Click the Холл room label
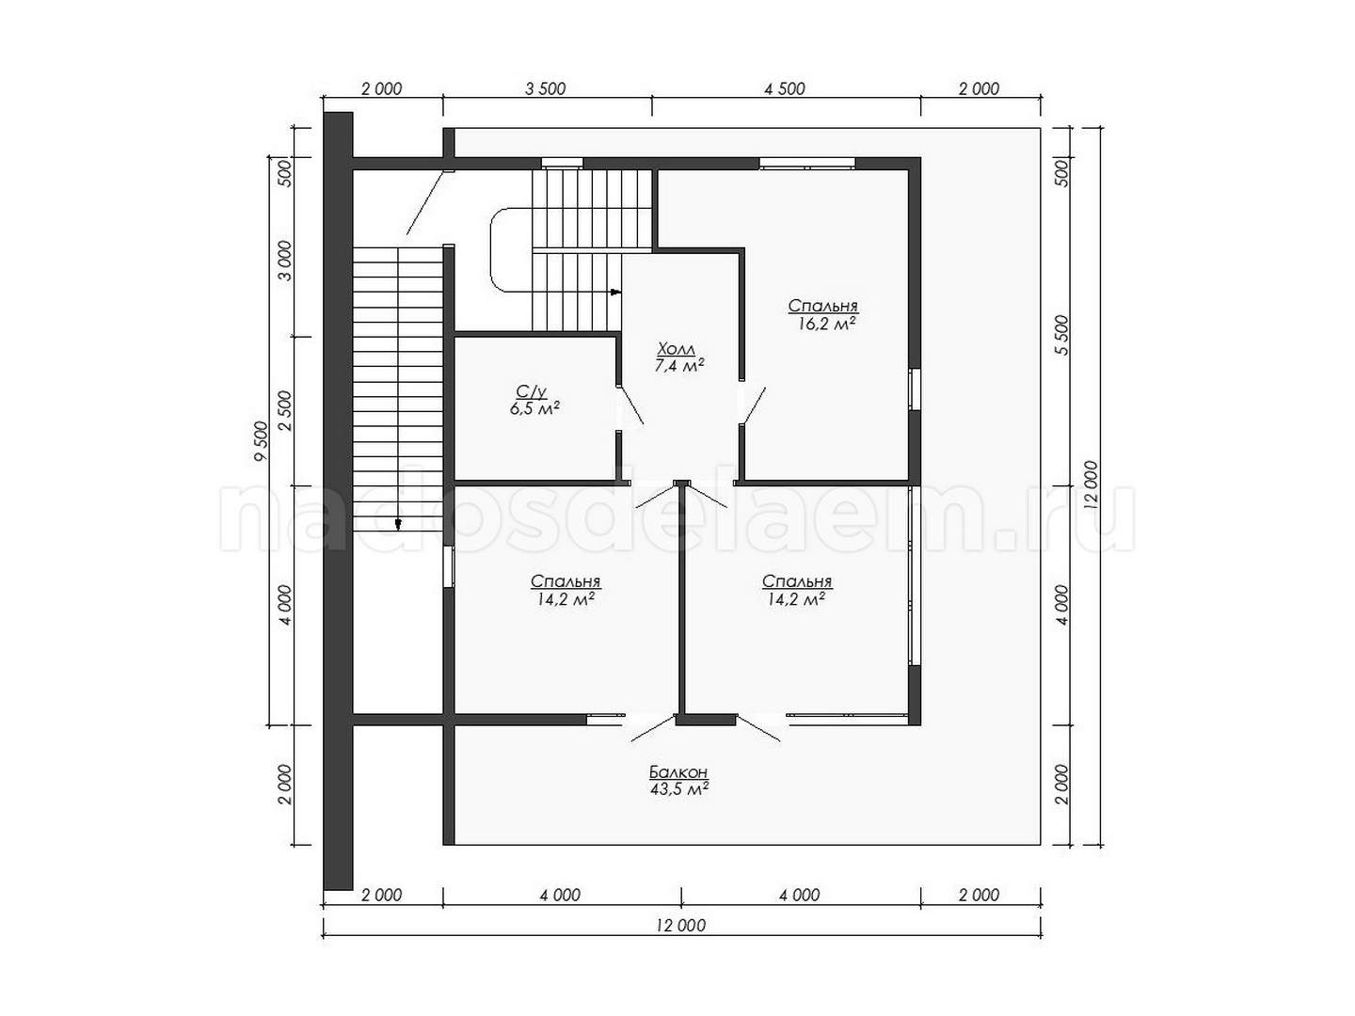click(677, 349)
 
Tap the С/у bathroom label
click(533, 391)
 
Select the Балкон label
click(677, 772)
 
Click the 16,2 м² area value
click(826, 324)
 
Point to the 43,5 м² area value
click(678, 789)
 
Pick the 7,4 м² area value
click(679, 366)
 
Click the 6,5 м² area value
click(534, 409)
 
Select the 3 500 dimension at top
click(545, 88)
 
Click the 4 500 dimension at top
click(785, 88)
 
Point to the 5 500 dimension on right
click(1061, 336)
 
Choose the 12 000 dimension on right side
click(1092, 485)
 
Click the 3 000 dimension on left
click(285, 262)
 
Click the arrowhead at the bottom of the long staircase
click(398, 525)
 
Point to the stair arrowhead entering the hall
click(615, 292)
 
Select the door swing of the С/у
click(630, 405)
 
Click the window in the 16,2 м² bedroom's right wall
click(915, 389)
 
